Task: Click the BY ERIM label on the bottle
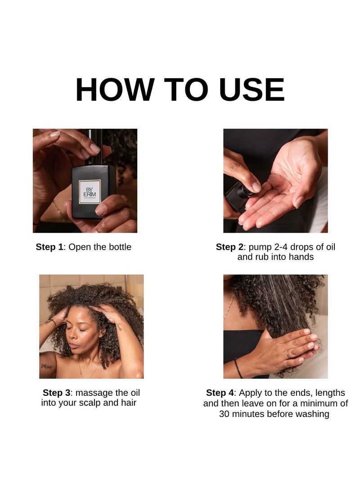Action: pos(90,192)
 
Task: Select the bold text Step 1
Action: pos(49,247)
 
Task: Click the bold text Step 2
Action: pos(229,247)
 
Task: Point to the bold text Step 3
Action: pos(57,393)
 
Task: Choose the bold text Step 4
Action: pos(220,393)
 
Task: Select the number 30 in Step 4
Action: pos(224,414)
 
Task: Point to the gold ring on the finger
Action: pos(288,354)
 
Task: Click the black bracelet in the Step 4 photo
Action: pos(238,368)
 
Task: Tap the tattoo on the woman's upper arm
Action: pos(46,366)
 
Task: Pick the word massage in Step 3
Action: pos(94,393)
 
